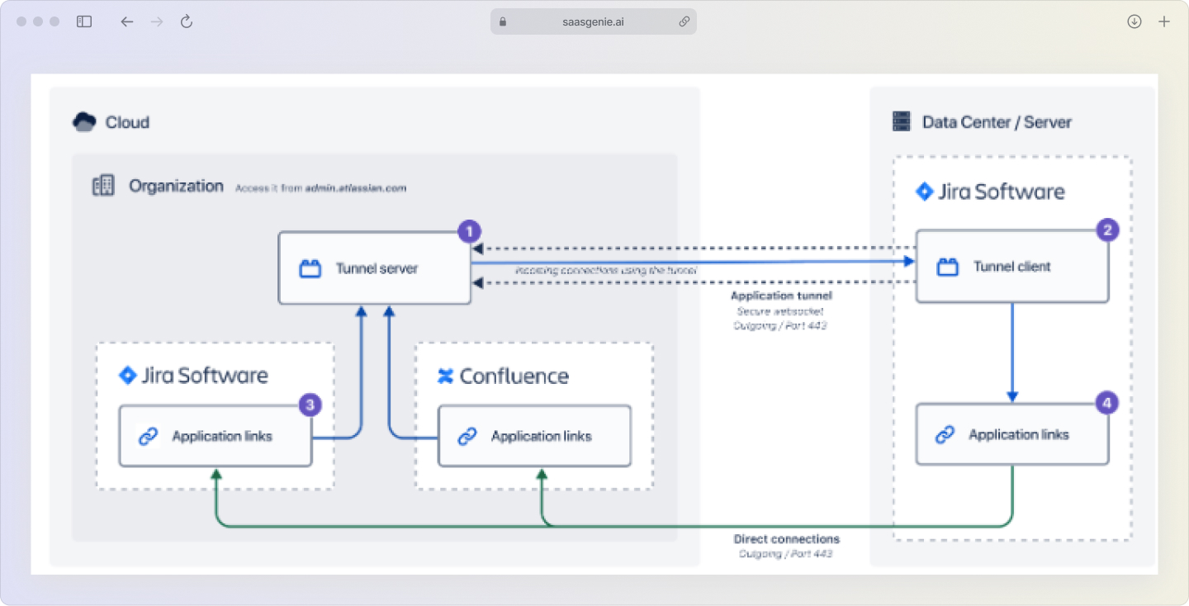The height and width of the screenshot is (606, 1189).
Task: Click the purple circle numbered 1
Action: click(469, 231)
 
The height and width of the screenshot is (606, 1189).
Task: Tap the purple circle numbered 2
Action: click(1106, 230)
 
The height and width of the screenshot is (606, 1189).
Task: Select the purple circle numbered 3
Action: click(310, 405)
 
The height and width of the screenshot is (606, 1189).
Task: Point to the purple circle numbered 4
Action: click(1106, 403)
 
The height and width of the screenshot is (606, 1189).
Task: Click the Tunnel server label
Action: click(377, 268)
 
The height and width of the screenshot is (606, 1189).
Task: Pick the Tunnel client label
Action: click(1011, 267)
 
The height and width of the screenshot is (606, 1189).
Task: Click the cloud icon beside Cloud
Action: click(84, 122)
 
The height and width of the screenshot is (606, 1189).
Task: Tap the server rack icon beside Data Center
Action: click(901, 122)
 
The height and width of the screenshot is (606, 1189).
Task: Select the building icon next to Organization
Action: click(103, 186)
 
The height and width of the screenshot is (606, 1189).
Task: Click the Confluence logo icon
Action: click(446, 376)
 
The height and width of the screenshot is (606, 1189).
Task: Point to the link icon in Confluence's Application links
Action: click(467, 436)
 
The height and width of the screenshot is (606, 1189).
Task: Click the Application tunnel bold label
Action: click(781, 296)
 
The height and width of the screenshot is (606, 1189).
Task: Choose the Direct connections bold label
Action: click(786, 539)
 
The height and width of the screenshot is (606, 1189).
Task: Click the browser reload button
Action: click(187, 21)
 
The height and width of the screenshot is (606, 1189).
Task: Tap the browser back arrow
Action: click(126, 21)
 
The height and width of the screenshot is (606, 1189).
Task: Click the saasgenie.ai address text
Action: click(592, 21)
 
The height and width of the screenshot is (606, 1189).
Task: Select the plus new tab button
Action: click(1164, 21)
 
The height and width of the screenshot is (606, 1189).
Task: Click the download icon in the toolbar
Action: click(1135, 21)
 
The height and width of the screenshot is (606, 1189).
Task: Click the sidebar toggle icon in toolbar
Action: click(84, 21)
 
